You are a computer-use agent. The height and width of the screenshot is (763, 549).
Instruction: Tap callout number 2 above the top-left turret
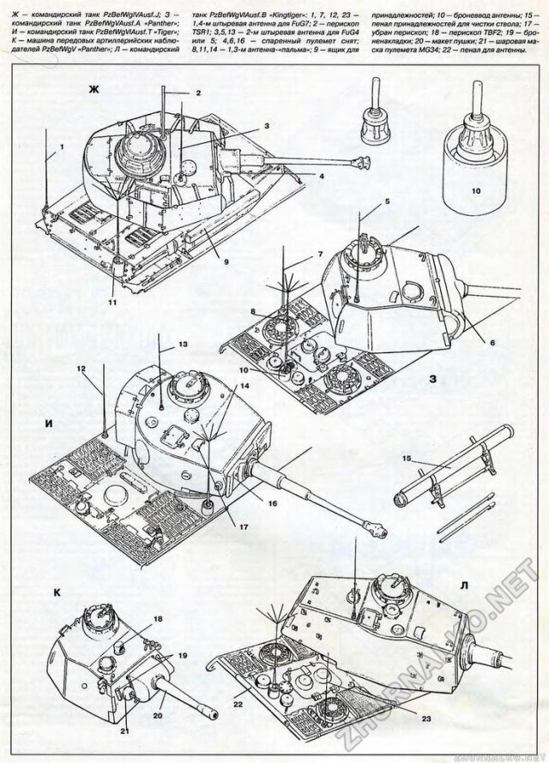(197, 93)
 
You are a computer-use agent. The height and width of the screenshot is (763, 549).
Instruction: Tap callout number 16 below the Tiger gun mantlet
(272, 503)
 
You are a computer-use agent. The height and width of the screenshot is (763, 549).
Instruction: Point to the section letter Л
(464, 585)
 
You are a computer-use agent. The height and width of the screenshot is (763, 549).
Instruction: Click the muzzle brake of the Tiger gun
(376, 524)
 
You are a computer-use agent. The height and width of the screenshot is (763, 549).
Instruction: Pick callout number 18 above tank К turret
(158, 617)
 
